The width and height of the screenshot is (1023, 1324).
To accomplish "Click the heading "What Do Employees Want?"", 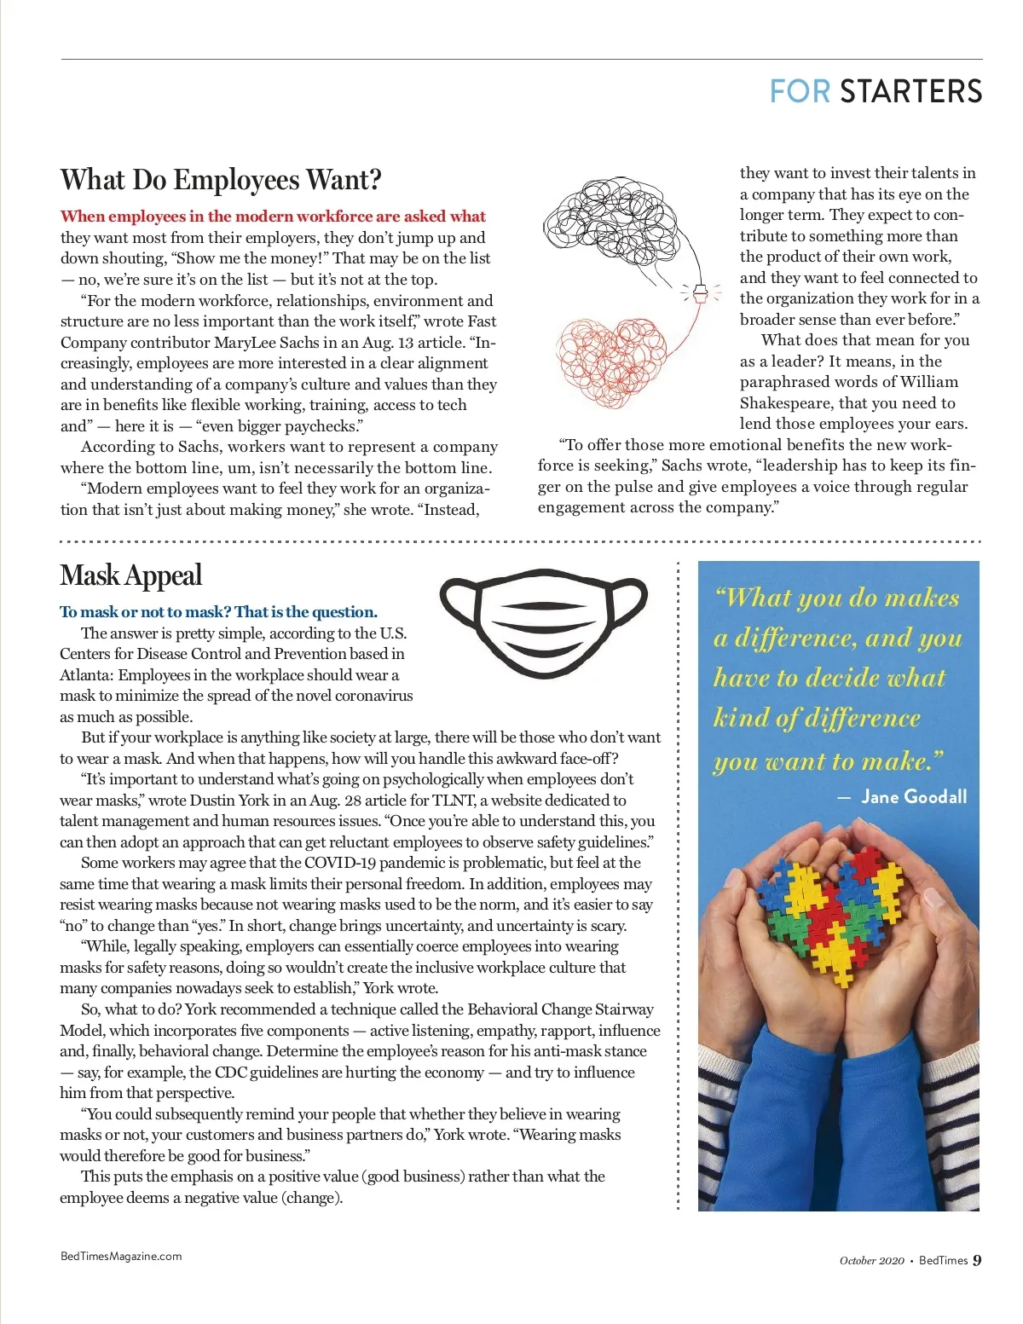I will pos(221,180).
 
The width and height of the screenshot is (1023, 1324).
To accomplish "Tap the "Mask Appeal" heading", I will pos(130,575).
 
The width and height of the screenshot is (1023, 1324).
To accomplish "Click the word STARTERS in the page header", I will pos(910,92).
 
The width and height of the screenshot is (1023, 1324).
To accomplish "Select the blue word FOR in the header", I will pos(800,92).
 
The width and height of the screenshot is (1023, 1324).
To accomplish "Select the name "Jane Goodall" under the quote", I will pos(914,797).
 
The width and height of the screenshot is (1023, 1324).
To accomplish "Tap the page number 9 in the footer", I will pos(977,1260).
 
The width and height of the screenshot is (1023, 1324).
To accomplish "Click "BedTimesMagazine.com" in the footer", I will pos(121,1256).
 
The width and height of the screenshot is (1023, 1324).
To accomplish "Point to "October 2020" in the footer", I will pos(871,1261).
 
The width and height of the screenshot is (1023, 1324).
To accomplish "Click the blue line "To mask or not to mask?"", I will pos(218,612).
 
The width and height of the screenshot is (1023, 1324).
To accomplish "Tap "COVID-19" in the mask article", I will pos(340,863).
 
